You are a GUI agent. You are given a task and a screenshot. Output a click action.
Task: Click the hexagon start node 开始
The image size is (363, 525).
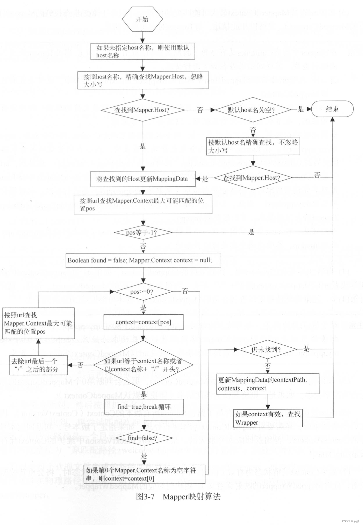point(142,19)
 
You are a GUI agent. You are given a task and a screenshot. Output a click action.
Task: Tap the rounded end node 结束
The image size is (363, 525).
point(332,109)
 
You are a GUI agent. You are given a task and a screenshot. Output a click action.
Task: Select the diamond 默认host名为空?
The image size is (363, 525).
point(252,110)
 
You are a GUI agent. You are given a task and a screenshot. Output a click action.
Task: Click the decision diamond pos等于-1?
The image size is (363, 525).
point(143,232)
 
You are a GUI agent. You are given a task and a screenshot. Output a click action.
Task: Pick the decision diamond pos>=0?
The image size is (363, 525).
point(143,292)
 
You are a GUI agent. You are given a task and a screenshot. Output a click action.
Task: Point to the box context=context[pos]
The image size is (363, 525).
point(143,322)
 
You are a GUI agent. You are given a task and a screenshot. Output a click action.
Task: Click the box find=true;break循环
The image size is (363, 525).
point(144,407)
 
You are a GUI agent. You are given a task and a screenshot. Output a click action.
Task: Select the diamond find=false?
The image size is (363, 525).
point(143,438)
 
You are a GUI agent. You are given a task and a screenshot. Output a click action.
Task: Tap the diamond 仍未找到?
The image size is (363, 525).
point(267,349)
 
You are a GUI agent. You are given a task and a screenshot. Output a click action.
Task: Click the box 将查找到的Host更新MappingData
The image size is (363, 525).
point(143,179)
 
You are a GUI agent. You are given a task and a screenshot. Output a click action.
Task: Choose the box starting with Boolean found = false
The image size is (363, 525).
point(143,260)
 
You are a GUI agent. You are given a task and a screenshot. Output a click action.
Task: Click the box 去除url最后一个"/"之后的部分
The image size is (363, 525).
point(38,365)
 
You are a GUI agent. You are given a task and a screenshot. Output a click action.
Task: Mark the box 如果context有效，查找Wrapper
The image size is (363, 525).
point(268,418)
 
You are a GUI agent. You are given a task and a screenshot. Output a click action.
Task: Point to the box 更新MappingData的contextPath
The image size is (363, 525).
point(267,384)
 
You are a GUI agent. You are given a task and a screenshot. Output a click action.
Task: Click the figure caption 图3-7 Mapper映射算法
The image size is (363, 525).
point(178,496)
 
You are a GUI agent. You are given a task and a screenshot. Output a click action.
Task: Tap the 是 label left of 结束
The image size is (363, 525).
point(301,109)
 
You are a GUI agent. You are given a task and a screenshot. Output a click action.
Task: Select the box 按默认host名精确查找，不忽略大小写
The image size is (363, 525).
point(253,146)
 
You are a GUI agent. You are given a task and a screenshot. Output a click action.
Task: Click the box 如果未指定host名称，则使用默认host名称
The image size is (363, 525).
point(143,51)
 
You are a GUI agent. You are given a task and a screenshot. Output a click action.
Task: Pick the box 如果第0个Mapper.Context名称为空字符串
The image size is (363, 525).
point(144,474)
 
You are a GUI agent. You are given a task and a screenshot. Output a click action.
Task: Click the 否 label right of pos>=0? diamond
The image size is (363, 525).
point(185,291)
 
